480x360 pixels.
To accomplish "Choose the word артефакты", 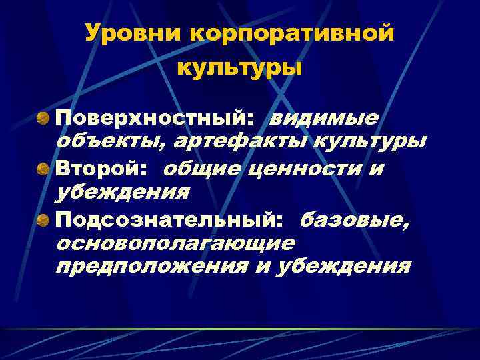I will [225, 143].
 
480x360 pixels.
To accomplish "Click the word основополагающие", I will [175, 243].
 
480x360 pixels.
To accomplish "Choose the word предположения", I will [151, 267].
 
